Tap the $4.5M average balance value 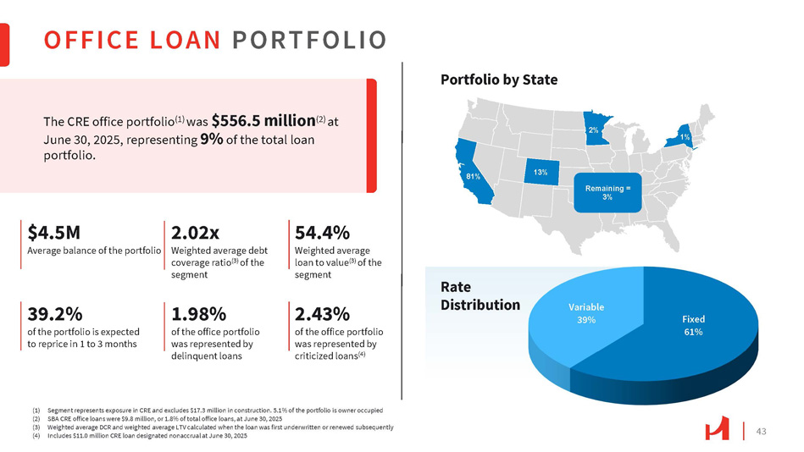tap(54, 233)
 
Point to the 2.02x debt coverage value tap(196, 233)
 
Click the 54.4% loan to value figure tap(322, 233)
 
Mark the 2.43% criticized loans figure tap(323, 314)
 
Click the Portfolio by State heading tap(499, 80)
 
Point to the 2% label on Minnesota tap(594, 130)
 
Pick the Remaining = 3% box tap(607, 191)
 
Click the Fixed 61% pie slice tap(693, 324)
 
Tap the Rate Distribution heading tap(480, 295)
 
